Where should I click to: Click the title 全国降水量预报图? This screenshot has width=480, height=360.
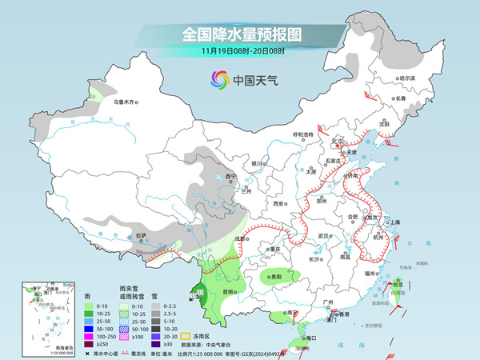239,34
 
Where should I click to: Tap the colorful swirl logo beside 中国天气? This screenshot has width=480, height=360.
218,79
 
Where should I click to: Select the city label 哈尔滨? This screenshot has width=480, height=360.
407,78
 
